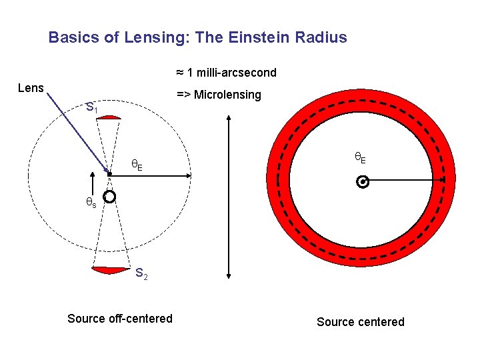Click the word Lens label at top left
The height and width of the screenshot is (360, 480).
[x=31, y=88]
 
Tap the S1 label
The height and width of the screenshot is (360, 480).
[x=92, y=107]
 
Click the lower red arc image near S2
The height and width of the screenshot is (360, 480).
[x=110, y=269]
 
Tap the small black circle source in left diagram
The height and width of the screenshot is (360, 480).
[x=110, y=197]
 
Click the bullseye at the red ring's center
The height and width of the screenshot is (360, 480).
[x=362, y=181]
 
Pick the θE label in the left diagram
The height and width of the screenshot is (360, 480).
[x=136, y=164]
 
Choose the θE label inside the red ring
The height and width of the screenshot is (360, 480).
[x=359, y=158]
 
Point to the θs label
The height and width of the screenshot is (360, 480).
[x=90, y=203]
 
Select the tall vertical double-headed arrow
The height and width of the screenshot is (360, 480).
[x=229, y=197]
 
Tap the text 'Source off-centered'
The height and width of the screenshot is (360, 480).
[x=120, y=319]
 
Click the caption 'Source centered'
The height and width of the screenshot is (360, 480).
[x=360, y=322]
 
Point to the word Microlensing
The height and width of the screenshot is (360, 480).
[x=228, y=95]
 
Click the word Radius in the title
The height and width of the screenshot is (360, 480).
[x=324, y=37]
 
